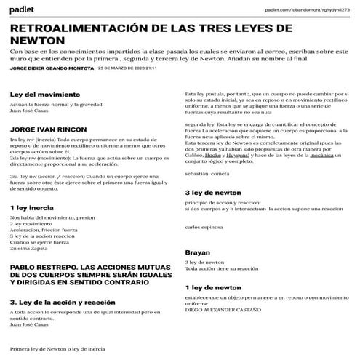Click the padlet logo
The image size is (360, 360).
(x=24, y=9)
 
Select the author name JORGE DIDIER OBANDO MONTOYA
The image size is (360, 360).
(x=51, y=68)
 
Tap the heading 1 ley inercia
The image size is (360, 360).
(x=32, y=208)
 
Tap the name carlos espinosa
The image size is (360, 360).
(x=206, y=227)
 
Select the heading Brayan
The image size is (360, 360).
(x=198, y=252)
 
